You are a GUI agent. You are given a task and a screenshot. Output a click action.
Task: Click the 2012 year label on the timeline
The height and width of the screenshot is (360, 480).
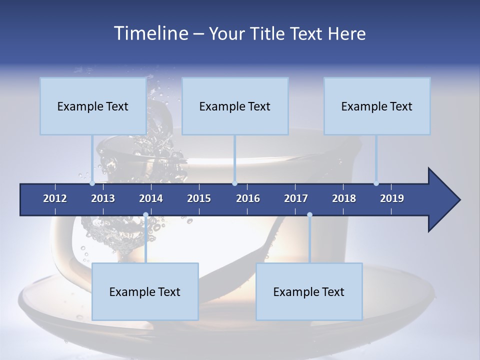55,198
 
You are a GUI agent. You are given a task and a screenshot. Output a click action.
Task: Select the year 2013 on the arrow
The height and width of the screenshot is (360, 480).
103,198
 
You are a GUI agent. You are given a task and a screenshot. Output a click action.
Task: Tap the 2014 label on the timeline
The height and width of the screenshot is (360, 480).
151,198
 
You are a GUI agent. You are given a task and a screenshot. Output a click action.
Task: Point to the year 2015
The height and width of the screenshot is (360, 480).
199,198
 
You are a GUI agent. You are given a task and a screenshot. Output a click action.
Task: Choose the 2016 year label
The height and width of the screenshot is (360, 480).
248,198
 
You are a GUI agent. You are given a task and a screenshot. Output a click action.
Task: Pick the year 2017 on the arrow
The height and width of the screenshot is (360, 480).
296,198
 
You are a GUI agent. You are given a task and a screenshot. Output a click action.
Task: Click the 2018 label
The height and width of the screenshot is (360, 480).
344,198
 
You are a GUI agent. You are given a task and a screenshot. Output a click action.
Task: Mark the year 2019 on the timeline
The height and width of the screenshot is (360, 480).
392,198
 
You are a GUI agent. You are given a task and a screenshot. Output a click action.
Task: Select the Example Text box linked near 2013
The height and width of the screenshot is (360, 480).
93,106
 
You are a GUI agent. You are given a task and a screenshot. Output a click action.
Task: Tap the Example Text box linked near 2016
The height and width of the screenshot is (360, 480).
235,106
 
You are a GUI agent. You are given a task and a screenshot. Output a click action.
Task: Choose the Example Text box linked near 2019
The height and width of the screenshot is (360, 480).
377,106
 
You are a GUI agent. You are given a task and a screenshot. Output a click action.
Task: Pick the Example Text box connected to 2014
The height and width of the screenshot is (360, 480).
145,291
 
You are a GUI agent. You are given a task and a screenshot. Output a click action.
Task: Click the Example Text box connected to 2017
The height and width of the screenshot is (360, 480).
309,291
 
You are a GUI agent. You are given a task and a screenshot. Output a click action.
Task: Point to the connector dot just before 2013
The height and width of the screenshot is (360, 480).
92,183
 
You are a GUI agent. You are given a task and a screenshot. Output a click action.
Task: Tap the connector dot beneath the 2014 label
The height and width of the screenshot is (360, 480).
145,215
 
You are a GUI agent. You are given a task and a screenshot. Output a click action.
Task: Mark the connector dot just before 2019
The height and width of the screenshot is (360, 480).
376,183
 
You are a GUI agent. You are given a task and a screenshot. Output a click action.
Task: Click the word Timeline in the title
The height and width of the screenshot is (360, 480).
150,33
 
